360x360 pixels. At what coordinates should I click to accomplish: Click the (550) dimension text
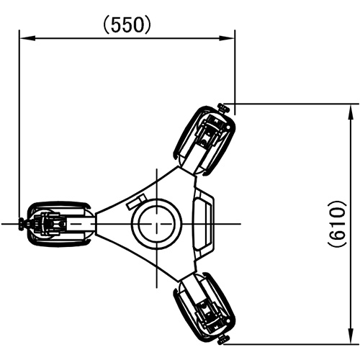pos(127,25)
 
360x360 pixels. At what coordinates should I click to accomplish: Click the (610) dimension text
pos(337,224)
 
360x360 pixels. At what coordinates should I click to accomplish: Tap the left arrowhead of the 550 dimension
pos(27,38)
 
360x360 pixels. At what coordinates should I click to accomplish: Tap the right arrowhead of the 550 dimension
pos(227,38)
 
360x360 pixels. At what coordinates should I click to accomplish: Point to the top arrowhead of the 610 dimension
pos(351,112)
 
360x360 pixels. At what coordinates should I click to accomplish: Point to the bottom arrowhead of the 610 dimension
pos(351,336)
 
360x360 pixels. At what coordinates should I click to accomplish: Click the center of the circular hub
pos(157,224)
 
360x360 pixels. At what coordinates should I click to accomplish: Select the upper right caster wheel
pos(204,141)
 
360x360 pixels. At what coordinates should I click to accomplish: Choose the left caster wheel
pos(59,224)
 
